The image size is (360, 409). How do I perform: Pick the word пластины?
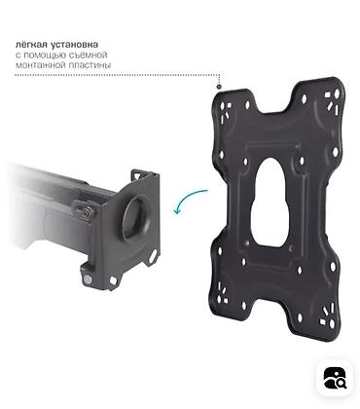(x=90, y=65)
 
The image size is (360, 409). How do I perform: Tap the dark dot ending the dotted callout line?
(x=219, y=87)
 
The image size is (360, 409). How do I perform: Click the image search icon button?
(x=335, y=378)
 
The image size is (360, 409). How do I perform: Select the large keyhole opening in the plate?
(x=270, y=203)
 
